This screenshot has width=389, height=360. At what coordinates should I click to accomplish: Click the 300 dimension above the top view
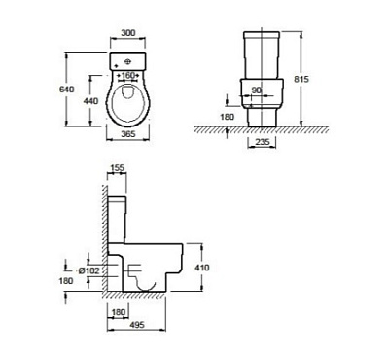128,33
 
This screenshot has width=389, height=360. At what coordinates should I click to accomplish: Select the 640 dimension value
66,89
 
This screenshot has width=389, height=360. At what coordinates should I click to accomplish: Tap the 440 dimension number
90,101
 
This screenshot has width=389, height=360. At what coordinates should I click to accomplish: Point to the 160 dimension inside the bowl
128,75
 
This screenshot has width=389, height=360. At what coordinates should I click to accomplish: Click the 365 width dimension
128,134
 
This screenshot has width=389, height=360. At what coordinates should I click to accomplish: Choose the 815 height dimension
301,79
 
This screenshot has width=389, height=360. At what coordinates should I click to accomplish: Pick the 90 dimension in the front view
257,90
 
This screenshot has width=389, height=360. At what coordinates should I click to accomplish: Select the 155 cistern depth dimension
118,168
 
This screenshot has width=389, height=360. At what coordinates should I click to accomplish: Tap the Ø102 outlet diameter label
89,270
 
